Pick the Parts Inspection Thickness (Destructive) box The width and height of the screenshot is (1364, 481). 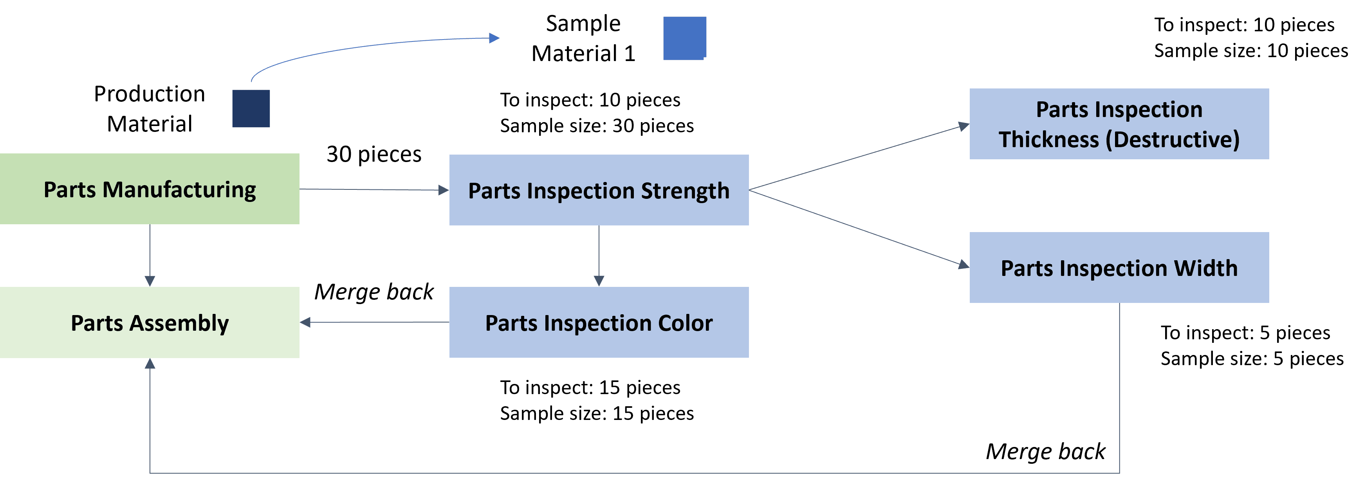[x=1119, y=124]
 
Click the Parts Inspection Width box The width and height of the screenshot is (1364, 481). [x=1119, y=267]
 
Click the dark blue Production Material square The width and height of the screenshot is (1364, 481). [x=251, y=108]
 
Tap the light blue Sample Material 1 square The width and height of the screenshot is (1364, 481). [x=685, y=38]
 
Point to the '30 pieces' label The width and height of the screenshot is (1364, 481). [x=374, y=154]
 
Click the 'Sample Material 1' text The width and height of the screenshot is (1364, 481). [x=583, y=38]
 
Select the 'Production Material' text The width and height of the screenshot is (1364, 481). [x=149, y=108]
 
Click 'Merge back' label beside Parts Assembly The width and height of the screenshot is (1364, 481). [x=374, y=292]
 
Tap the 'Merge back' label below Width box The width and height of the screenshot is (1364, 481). [x=1045, y=451]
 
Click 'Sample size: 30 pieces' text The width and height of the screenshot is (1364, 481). [x=597, y=126]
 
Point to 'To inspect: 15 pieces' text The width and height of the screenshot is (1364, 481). [x=590, y=387]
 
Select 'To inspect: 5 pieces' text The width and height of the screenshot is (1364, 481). [x=1245, y=332]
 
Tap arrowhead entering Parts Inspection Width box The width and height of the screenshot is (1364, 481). [x=964, y=264]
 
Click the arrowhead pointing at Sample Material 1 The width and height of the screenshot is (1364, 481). [x=494, y=38]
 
